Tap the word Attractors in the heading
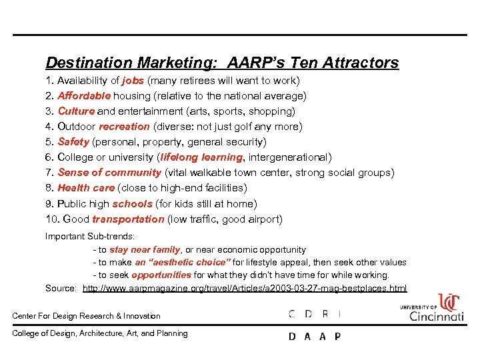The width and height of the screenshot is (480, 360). click(x=361, y=63)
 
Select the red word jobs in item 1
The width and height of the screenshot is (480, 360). click(x=133, y=81)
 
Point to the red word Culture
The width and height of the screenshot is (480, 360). click(x=76, y=111)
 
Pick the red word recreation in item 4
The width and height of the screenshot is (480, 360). click(x=124, y=127)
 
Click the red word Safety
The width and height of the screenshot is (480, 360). click(x=73, y=142)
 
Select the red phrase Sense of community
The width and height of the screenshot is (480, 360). click(x=109, y=173)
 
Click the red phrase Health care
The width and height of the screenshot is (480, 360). click(x=86, y=188)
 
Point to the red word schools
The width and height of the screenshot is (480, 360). click(x=133, y=204)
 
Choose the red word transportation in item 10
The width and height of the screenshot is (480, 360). click(x=128, y=219)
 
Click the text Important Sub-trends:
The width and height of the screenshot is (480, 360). click(x=90, y=236)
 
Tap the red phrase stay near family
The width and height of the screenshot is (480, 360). click(x=145, y=249)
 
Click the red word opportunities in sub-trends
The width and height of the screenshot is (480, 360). click(x=161, y=275)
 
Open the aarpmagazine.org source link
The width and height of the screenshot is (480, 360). click(x=245, y=288)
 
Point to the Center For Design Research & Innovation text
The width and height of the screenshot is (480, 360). click(x=87, y=316)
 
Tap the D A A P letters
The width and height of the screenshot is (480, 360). click(x=315, y=337)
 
